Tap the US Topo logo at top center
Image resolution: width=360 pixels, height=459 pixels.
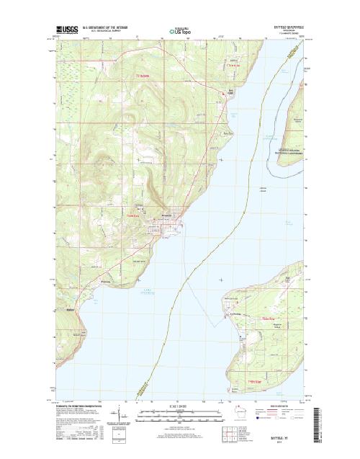point(179,31)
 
